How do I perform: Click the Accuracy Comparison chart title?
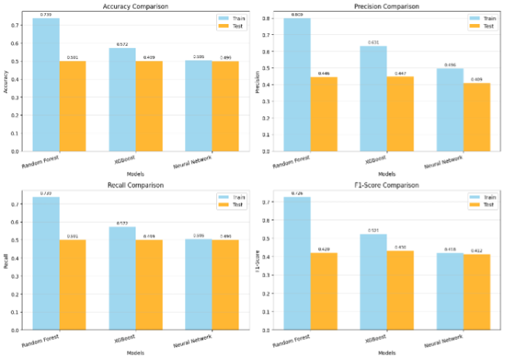point(136,7)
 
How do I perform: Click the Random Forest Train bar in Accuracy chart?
point(46,85)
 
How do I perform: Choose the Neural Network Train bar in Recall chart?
point(198,283)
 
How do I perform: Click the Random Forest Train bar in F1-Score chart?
point(297,263)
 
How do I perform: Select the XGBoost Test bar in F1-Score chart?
point(400,290)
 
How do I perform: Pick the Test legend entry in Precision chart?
point(483,26)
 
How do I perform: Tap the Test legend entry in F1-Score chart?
point(483,206)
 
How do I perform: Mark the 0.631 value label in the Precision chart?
point(373,43)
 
